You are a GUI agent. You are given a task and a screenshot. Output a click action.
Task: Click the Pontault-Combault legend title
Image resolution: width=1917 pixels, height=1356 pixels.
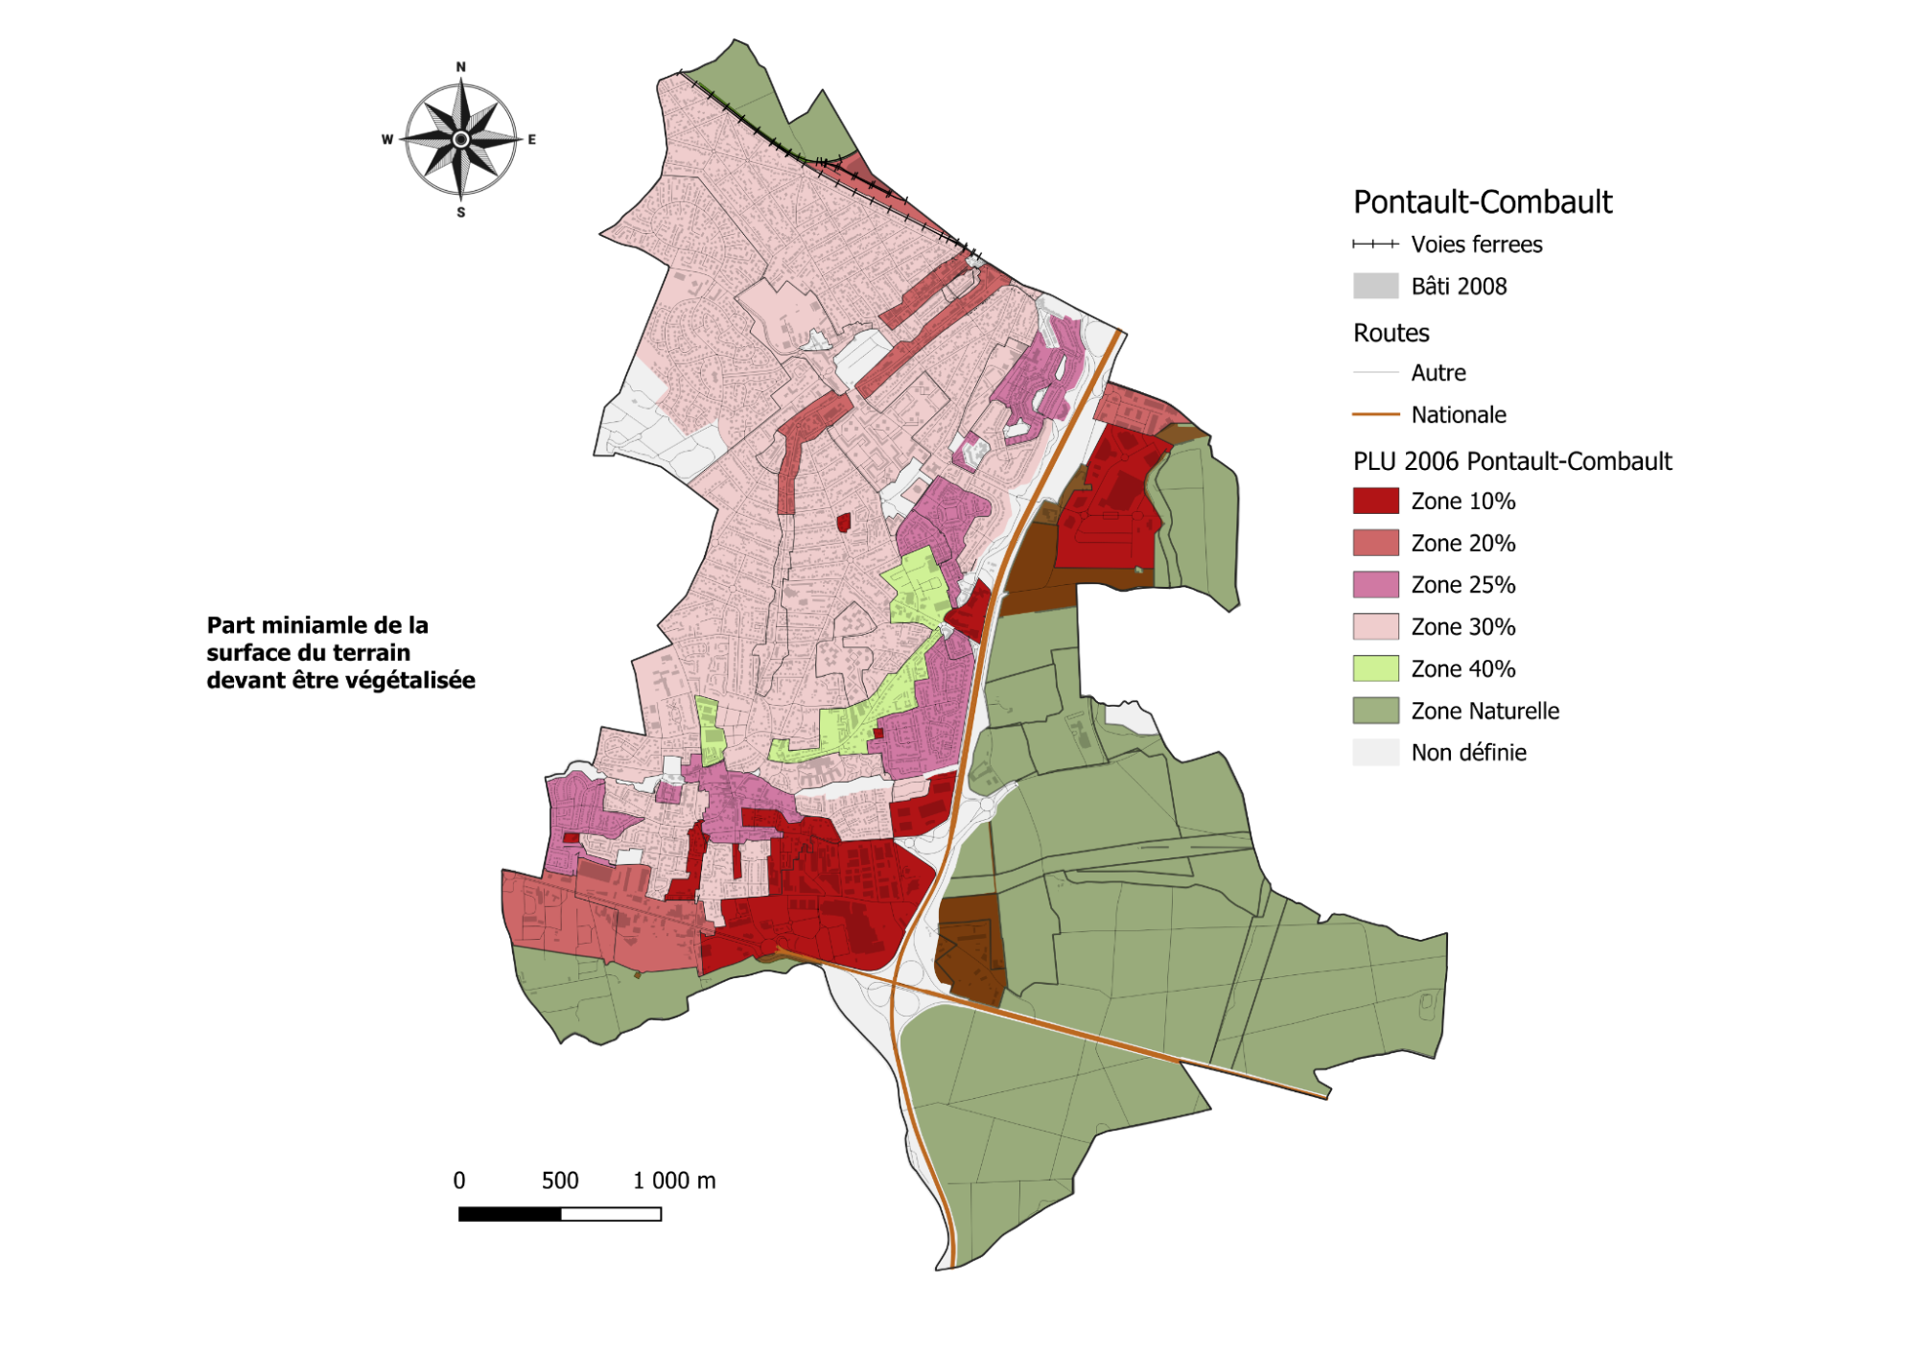point(1482,202)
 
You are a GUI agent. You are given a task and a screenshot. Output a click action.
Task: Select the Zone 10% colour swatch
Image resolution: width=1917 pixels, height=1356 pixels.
point(1375,501)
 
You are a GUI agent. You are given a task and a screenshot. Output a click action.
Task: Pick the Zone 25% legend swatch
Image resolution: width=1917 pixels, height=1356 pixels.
point(1375,584)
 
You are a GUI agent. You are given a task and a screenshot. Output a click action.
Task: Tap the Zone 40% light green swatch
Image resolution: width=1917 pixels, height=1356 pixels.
point(1375,668)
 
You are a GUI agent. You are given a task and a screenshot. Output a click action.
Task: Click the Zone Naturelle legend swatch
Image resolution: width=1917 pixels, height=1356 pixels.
point(1375,711)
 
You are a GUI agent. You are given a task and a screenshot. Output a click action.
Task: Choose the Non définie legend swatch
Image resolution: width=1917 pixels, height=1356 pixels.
point(1375,752)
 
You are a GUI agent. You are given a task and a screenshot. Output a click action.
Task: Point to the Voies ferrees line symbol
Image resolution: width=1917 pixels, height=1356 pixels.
point(1375,245)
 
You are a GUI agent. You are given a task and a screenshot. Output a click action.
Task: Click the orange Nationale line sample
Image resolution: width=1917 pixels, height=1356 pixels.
point(1375,414)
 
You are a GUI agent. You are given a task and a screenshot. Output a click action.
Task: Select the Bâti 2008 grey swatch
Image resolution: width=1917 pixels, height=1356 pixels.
point(1375,286)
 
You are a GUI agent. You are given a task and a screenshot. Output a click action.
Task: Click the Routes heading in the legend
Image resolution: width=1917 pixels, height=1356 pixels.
point(1391,333)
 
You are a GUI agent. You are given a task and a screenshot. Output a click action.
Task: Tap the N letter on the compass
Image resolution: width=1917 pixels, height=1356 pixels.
point(461,67)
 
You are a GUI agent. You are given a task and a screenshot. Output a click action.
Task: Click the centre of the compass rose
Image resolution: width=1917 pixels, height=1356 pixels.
point(461,139)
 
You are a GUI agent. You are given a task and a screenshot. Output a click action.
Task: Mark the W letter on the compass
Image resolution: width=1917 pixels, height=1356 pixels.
point(387,139)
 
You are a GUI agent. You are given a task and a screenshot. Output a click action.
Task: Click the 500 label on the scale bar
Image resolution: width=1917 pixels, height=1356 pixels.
point(560,1181)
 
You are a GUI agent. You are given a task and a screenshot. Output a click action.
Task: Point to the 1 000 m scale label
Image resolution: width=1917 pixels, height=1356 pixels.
point(673,1181)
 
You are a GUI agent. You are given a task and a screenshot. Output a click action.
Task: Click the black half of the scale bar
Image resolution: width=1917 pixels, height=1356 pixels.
point(509,1214)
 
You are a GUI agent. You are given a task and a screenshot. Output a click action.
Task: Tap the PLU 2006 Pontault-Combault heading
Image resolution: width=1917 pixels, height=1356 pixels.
point(1511,461)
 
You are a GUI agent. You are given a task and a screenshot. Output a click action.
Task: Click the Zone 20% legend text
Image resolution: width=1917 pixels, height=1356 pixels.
point(1462,543)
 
